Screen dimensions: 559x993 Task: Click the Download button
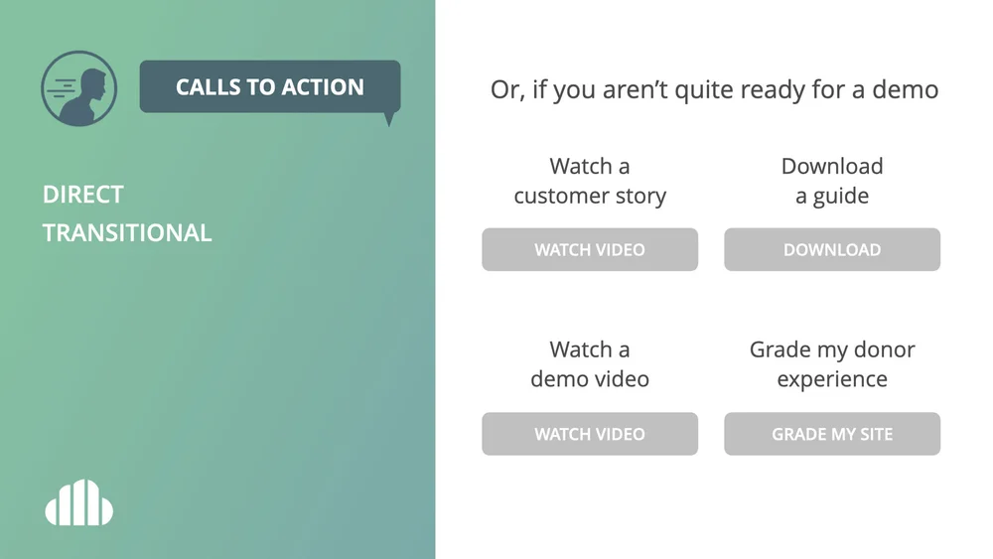pos(832,250)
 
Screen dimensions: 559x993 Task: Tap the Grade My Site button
pos(832,434)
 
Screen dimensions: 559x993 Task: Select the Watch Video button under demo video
pos(590,434)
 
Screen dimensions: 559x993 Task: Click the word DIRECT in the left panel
pos(83,195)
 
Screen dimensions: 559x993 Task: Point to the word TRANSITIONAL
pos(127,233)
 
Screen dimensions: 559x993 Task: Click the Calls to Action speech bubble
pos(269,87)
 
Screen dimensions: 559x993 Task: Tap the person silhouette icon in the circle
pos(79,89)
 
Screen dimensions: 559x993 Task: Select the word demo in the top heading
pos(905,90)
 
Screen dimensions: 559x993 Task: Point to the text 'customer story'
pos(590,196)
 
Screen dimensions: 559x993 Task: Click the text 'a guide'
pos(832,196)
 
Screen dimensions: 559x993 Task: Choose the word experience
pos(832,379)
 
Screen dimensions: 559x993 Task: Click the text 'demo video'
pos(590,379)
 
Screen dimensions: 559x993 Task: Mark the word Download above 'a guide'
pos(832,166)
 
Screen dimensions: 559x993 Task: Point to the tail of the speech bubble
pos(388,119)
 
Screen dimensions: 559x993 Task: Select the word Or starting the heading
pos(506,90)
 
